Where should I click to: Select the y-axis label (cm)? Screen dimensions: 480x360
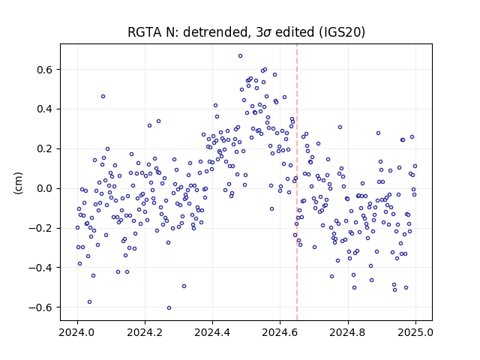tap(18, 183)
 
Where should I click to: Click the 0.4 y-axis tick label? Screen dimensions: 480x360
tap(45, 109)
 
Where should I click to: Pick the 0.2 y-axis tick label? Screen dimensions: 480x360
tap(45, 149)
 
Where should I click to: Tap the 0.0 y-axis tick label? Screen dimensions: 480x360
tap(45, 188)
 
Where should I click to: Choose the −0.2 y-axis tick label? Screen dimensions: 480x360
tap(41, 228)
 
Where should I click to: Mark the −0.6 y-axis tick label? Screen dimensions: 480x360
tap(41, 307)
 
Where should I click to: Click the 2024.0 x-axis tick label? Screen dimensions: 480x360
tap(77, 332)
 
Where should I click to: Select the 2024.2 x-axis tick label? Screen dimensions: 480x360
tap(145, 332)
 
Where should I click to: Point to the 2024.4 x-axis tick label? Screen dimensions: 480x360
tap(212, 332)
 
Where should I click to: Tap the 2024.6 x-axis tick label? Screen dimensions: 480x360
tap(280, 332)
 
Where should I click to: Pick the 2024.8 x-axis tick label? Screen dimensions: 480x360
tap(348, 332)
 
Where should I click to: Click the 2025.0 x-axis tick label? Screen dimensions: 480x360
tap(415, 332)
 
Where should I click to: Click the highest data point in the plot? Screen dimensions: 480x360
tap(240, 56)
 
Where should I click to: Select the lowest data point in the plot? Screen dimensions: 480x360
tap(169, 308)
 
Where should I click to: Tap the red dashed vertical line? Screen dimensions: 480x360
tap(297, 182)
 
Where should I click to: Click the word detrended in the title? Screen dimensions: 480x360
tap(215, 32)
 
